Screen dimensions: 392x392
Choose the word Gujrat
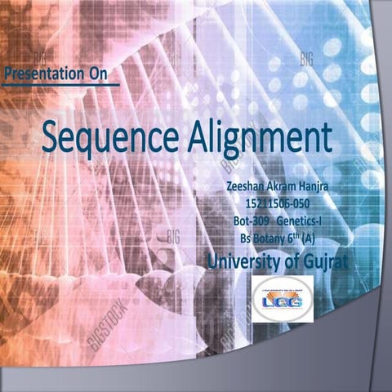point(322,261)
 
